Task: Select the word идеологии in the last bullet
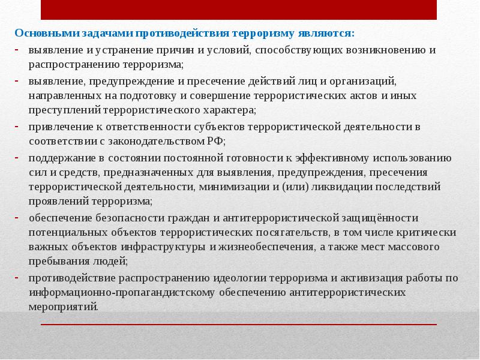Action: [237, 278]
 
